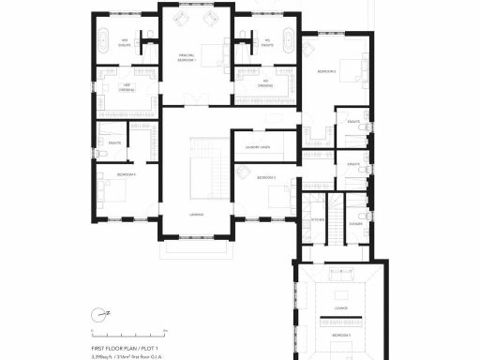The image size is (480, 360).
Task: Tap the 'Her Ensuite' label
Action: point(123,41)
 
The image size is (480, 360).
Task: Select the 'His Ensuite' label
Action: point(267,42)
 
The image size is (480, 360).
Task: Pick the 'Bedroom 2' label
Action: point(326,71)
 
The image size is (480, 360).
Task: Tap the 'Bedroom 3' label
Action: point(266,176)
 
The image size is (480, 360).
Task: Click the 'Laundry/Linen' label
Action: point(258,147)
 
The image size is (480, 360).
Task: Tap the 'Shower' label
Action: point(355,224)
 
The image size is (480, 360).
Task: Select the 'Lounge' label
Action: point(338,308)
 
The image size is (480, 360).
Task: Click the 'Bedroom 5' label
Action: point(338,335)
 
